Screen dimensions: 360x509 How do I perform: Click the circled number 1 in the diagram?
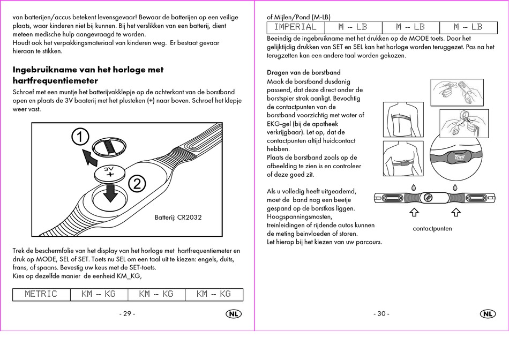coord(79,138)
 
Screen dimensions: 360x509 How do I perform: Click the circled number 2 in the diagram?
coord(137,184)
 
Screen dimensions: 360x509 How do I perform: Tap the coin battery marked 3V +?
coord(110,172)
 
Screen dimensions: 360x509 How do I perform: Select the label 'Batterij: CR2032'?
coord(178,217)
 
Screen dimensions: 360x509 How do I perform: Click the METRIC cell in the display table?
coord(41,294)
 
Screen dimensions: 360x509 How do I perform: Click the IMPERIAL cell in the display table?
coord(295,27)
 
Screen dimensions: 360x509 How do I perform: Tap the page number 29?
coord(127,314)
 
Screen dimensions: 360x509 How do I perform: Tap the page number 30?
coord(381,314)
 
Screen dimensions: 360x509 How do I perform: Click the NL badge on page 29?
coord(233,314)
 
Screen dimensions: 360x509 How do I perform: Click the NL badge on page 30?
coord(488,314)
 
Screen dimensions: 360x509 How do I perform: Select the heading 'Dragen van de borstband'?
coord(304,73)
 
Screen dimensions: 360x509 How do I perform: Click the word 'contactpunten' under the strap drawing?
coord(432,229)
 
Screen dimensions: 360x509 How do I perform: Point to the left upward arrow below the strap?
coord(414,213)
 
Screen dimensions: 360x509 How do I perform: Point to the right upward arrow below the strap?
coord(456,213)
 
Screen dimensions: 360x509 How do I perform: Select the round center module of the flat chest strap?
coord(428,197)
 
